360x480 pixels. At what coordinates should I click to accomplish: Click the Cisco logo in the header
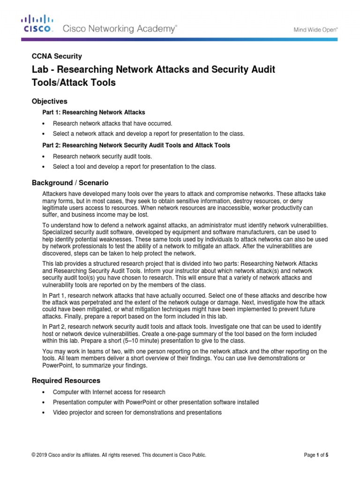point(37,24)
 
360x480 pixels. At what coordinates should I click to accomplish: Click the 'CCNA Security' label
point(57,56)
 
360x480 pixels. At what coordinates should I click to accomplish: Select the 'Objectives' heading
point(49,101)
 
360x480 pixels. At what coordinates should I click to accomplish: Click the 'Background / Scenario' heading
point(70,182)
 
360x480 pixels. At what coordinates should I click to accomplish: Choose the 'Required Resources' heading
point(66,380)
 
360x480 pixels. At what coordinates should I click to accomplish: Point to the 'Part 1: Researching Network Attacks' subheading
point(94,112)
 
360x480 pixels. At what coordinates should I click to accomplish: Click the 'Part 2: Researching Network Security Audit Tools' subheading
point(136,145)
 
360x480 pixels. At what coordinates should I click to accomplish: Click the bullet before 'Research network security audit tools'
point(43,157)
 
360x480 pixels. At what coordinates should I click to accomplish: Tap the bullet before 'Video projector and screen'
point(43,413)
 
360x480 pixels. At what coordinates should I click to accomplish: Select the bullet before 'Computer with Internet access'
point(43,392)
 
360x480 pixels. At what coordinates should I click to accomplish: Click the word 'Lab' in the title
point(39,70)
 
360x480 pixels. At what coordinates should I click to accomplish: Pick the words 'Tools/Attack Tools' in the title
point(73,83)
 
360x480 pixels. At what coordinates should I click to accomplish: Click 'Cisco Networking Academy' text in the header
point(120,29)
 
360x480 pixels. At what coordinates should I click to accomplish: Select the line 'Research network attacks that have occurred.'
point(112,124)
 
